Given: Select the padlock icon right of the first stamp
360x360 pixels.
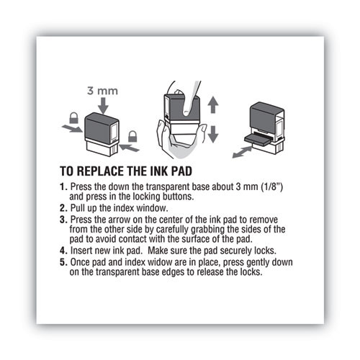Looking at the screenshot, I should (x=132, y=135).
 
